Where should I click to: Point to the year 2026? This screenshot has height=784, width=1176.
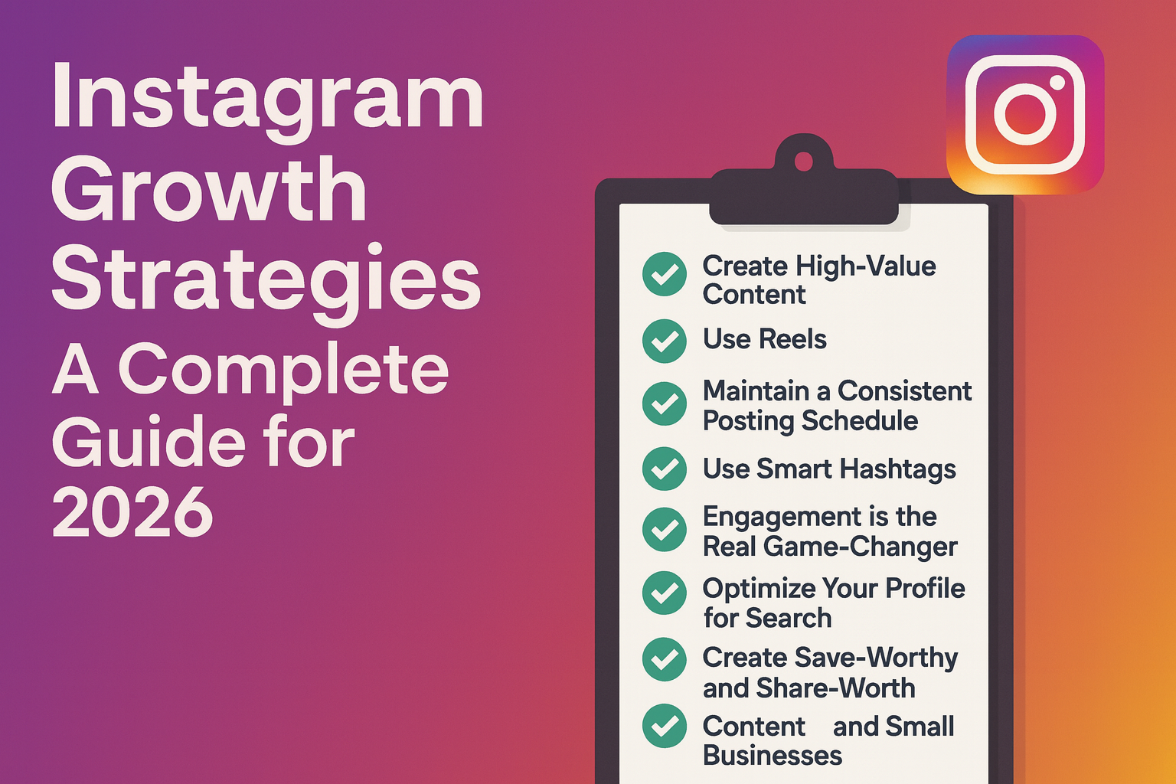pos(132,511)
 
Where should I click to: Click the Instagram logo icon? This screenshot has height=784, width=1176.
pos(1025,114)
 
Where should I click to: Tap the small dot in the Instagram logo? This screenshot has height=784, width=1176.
pos(1057,82)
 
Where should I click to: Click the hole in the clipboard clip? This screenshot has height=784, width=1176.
pos(803,162)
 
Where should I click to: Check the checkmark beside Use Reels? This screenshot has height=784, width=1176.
pos(665,341)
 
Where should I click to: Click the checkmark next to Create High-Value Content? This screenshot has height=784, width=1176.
pos(665,274)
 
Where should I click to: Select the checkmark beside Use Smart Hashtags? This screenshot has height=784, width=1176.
pos(665,469)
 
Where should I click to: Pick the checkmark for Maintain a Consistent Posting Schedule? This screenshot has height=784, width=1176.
pos(665,404)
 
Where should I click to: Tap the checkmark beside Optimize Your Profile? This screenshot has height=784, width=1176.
pos(665,593)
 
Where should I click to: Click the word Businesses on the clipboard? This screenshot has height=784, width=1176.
pos(772,756)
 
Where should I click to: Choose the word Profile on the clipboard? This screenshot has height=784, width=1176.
pos(925,588)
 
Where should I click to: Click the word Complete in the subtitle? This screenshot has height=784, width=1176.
pos(283,371)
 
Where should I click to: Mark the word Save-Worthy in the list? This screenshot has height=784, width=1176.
pos(875,658)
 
